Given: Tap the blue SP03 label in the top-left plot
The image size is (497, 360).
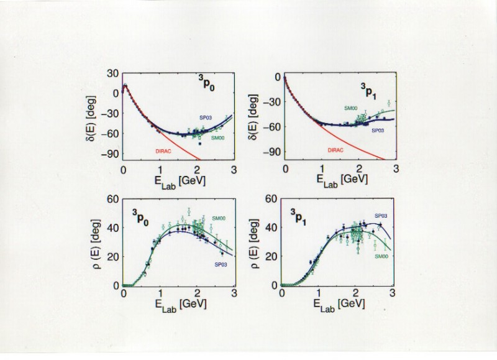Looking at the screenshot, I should point(206,117).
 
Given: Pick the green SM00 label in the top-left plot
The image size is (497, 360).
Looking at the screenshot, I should point(218,138).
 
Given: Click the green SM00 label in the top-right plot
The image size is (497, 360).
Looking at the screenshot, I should point(352,108).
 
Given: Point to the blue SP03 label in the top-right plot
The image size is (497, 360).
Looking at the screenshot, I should point(378,131).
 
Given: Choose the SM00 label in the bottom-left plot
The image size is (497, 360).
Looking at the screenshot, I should point(218,218).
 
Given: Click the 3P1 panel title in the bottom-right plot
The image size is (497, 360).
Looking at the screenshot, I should point(301,216).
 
